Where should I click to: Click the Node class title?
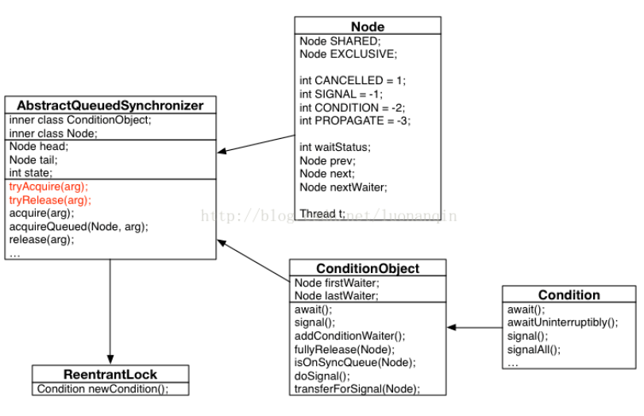[x=367, y=26]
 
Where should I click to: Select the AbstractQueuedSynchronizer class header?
[x=110, y=106]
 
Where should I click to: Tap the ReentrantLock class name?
[x=110, y=374]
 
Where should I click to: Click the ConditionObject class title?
[x=368, y=268]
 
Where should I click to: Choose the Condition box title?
[x=569, y=295]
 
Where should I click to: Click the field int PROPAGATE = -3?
[x=354, y=121]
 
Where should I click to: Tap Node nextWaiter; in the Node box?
[x=342, y=187]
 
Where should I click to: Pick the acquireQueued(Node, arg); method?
[x=79, y=226]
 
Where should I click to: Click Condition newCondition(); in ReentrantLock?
[x=102, y=388]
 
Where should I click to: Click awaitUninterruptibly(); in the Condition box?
[x=562, y=322]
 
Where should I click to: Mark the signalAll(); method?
[x=534, y=349]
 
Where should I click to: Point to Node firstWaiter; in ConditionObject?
[x=337, y=282]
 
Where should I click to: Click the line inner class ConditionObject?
[x=80, y=120]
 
